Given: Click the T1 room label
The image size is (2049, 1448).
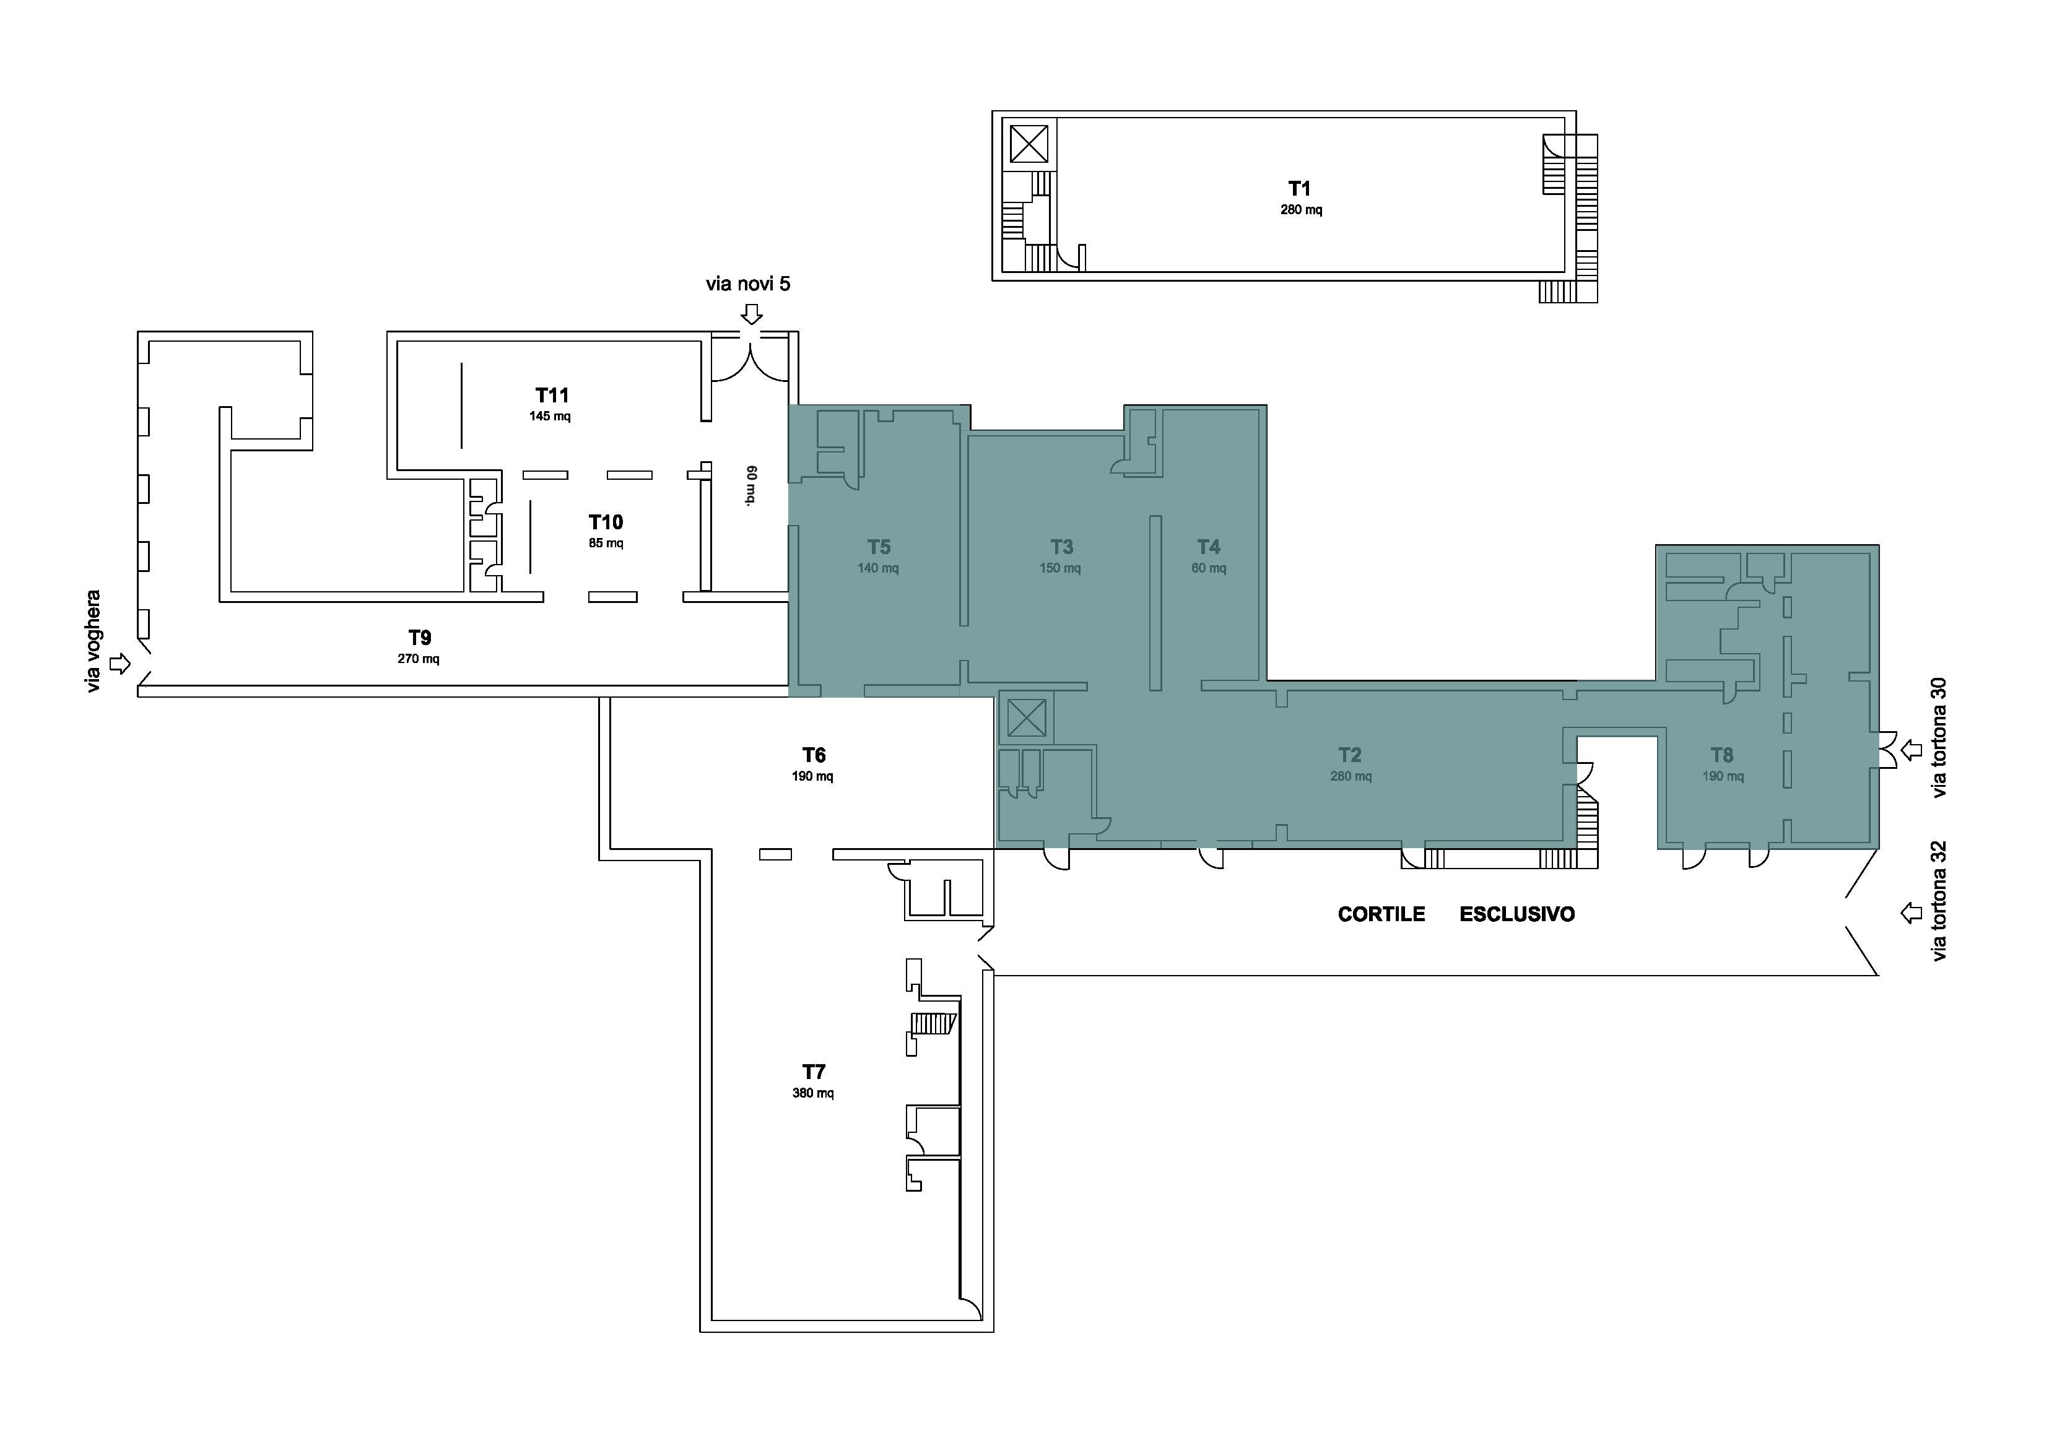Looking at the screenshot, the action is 1299,188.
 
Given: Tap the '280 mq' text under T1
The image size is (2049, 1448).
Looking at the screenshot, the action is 1301,210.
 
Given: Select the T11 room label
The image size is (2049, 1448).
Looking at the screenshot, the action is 552,395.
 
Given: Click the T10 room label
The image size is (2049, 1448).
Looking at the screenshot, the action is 606,522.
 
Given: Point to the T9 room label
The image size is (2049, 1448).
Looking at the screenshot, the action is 419,638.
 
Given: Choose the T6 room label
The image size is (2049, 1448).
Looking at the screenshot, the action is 814,756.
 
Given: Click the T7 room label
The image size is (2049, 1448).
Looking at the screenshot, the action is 814,1072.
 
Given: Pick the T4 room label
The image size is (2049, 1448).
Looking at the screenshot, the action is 1208,547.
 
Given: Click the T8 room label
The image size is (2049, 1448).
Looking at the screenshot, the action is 1721,756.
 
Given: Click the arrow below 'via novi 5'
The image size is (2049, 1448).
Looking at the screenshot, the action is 752,314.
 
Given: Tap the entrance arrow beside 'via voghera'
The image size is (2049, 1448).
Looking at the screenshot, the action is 120,664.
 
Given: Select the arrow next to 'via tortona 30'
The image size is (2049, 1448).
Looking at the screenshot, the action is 1911,750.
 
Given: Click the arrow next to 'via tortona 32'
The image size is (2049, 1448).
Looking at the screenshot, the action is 1911,913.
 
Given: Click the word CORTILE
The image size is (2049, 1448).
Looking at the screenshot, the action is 1381,914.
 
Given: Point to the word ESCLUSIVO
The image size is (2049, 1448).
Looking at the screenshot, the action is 1517,914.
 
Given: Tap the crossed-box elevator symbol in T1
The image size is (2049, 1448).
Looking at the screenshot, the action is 1029,144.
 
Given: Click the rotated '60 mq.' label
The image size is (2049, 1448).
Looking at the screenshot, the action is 751,485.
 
